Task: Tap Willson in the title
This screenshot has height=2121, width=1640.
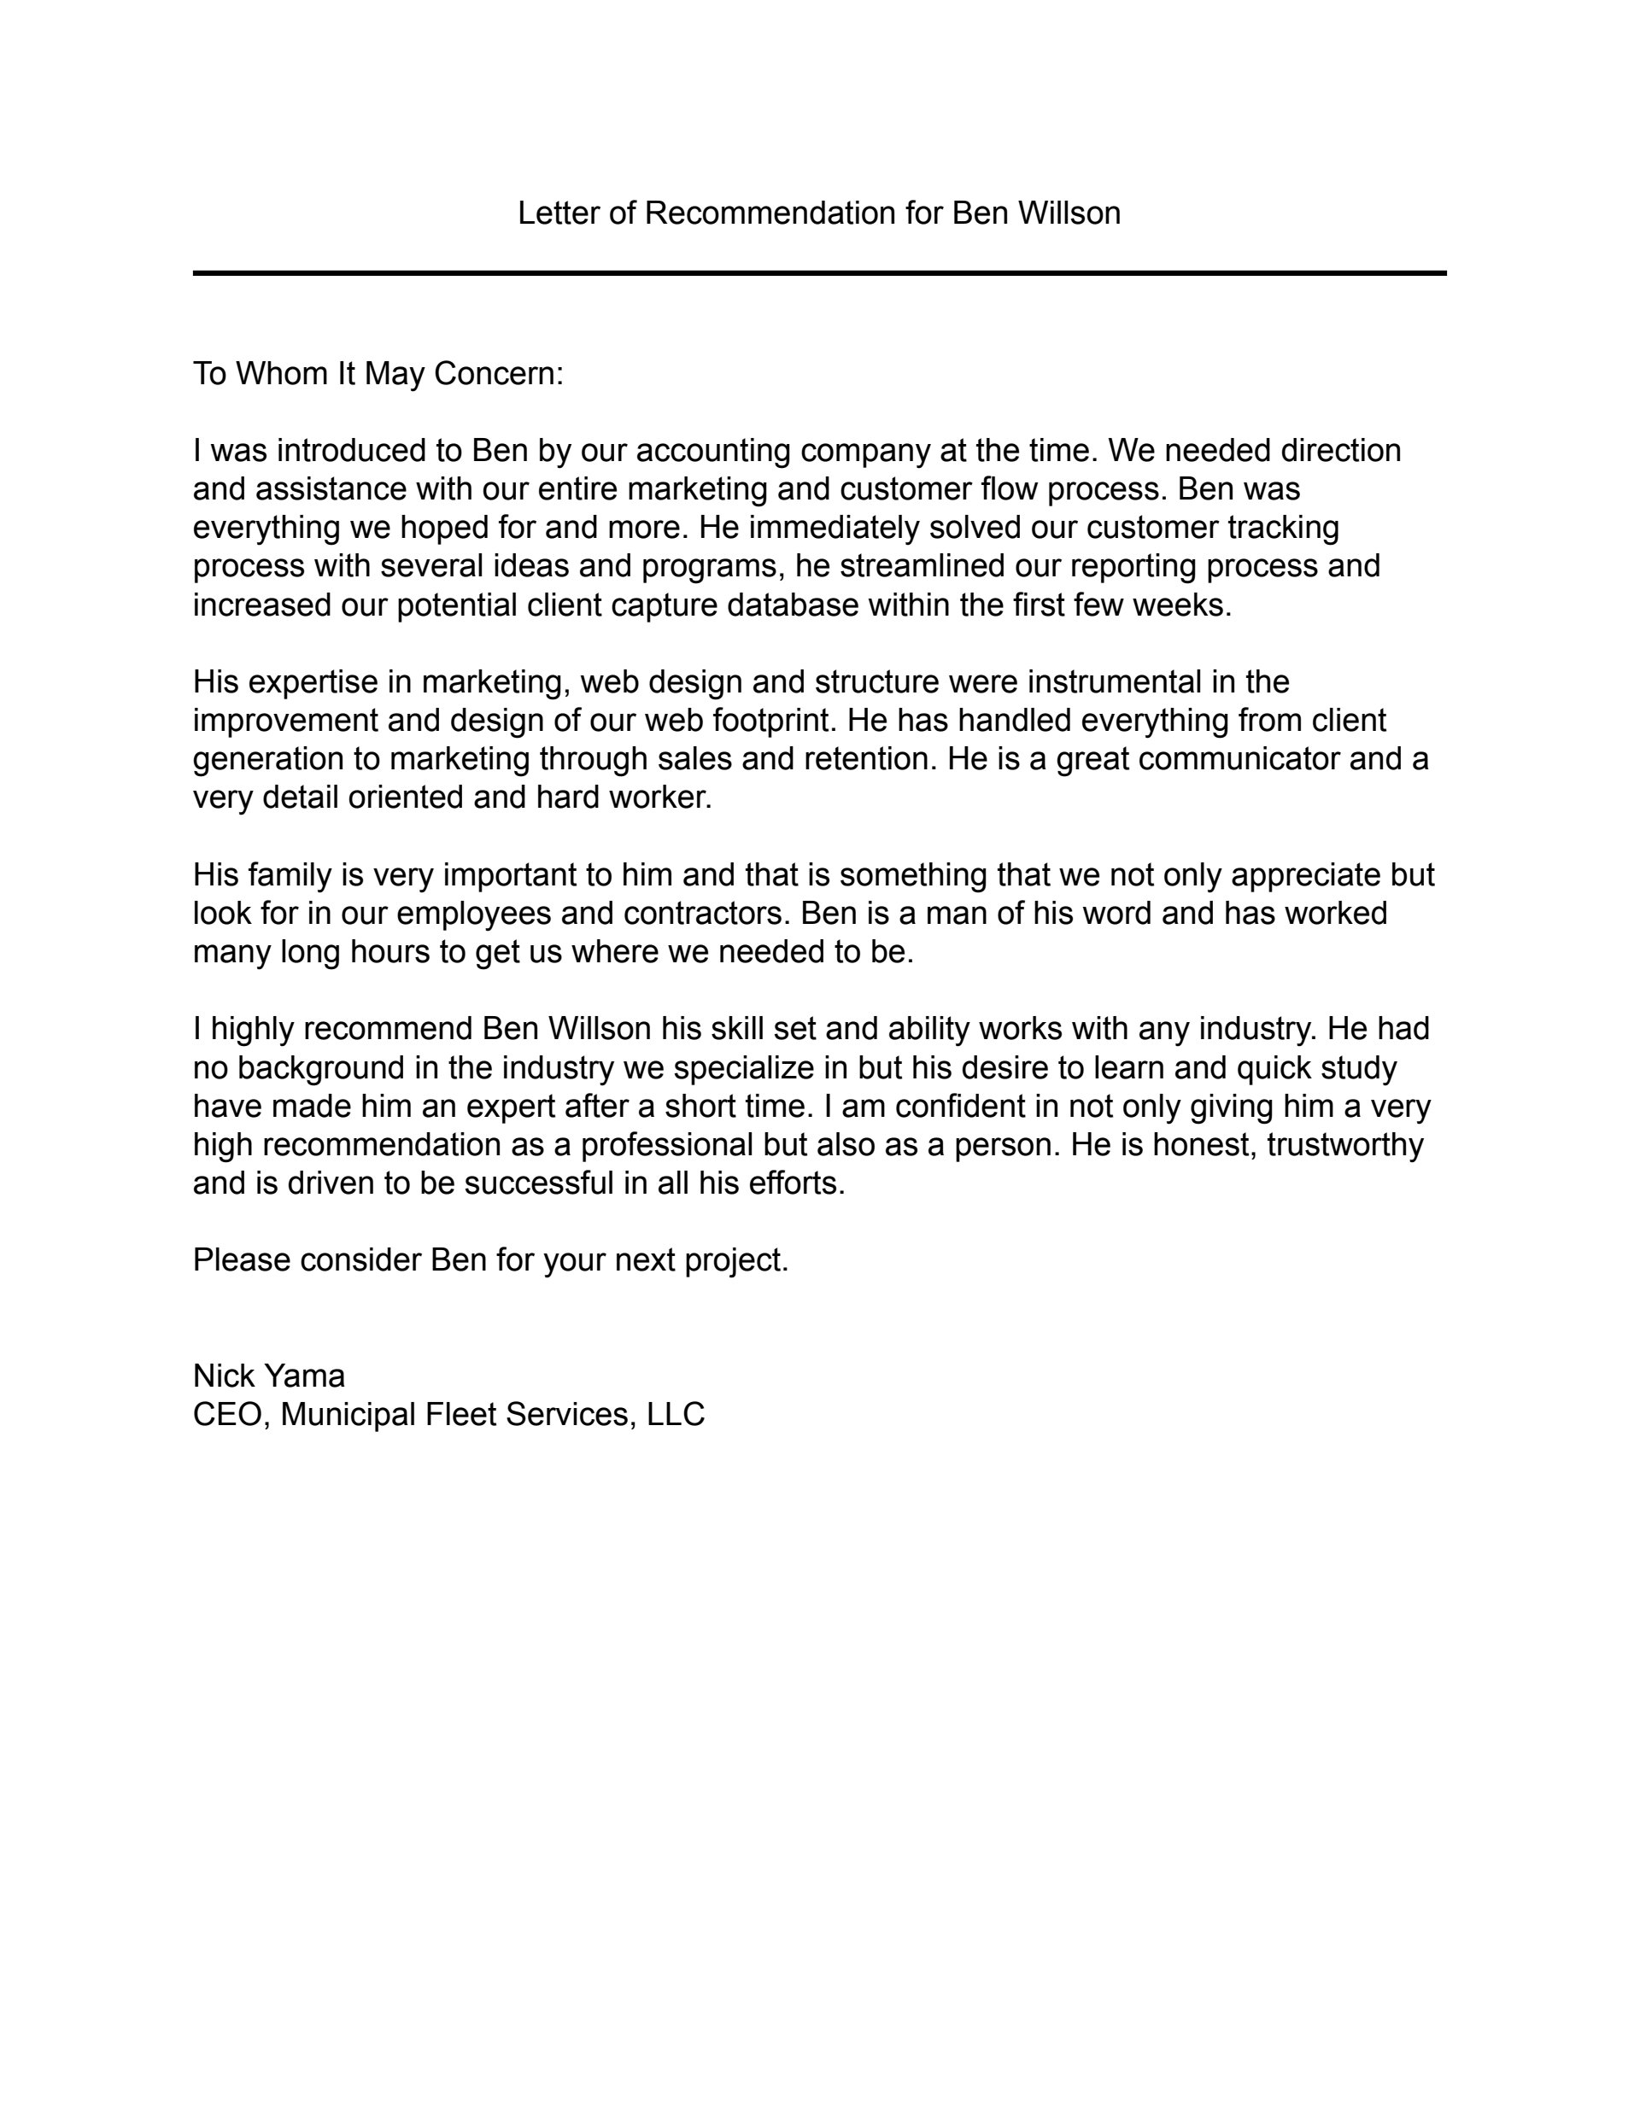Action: [x=1069, y=213]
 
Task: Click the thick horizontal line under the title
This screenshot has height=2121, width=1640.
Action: [x=819, y=274]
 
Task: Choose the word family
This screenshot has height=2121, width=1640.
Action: [x=290, y=875]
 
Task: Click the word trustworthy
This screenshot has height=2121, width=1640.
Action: [x=1344, y=1145]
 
